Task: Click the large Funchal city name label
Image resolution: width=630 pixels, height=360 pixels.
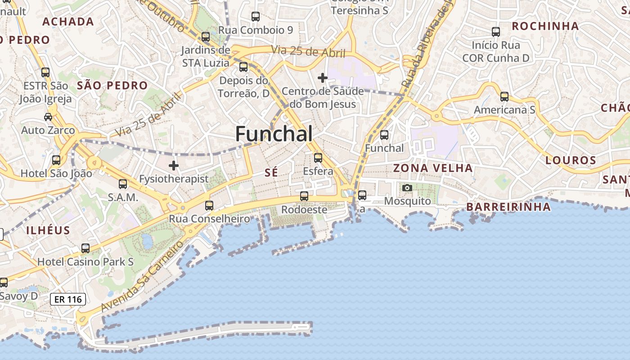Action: [274, 134]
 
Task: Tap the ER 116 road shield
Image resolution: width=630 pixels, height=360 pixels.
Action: [68, 299]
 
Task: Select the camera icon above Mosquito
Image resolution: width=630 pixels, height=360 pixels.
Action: [407, 188]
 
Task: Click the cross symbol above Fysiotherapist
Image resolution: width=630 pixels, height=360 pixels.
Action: [174, 166]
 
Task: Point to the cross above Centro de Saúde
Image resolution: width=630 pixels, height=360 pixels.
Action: [322, 78]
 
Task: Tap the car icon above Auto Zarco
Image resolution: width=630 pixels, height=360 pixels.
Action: [48, 117]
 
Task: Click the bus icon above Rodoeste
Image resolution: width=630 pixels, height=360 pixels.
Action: [304, 196]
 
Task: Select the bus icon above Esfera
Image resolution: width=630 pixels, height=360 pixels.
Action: [318, 158]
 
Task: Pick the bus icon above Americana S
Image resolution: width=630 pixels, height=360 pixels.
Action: [504, 97]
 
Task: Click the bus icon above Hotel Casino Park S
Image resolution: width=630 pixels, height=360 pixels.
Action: [85, 248]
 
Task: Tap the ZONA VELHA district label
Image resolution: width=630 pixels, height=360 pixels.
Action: [433, 168]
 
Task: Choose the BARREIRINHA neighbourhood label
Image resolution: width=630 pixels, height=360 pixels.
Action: [508, 207]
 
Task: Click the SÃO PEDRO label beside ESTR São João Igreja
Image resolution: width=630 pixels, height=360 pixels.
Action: [112, 85]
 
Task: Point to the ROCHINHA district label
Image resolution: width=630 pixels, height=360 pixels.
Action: [545, 26]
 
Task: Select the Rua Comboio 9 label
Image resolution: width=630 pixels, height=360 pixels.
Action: [256, 30]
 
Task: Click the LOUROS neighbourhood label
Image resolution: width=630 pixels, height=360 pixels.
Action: [571, 160]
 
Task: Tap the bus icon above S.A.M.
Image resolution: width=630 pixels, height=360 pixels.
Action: [123, 184]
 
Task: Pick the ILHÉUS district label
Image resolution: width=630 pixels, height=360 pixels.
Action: [48, 230]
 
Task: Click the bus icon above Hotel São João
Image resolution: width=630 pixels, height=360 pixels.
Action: [56, 160]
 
